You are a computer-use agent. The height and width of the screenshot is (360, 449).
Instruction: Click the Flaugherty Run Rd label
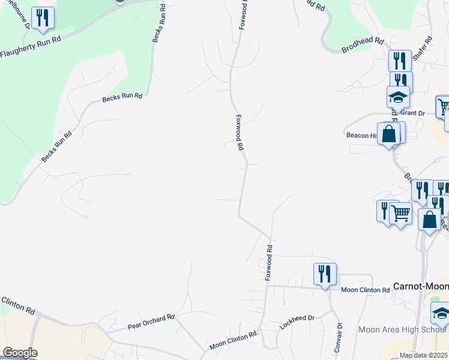tap(31, 47)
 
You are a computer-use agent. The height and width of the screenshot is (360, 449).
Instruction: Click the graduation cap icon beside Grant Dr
tap(397, 97)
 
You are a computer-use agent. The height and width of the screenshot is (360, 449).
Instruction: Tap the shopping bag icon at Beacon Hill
tap(389, 134)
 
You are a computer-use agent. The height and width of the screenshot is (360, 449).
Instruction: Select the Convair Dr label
tap(339, 334)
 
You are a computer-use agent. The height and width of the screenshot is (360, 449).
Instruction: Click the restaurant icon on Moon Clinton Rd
tap(325, 274)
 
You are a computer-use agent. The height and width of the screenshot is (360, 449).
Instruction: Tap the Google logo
tap(20, 353)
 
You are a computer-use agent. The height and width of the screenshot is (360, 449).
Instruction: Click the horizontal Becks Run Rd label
tap(122, 96)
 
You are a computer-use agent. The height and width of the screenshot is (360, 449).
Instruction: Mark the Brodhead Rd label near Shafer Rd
tap(362, 41)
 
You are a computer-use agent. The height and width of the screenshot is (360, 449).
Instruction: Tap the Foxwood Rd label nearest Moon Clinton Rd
tap(270, 262)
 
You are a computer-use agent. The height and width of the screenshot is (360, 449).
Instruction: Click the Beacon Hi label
tap(361, 135)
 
